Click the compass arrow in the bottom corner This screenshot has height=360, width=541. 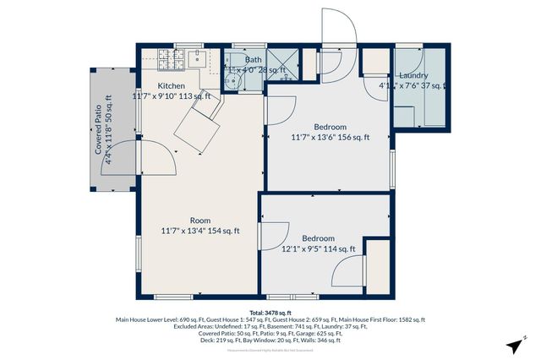pyautogui.click(x=513, y=346)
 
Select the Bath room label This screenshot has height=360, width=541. pyautogui.click(x=254, y=60)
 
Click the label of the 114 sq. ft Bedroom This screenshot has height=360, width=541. pyautogui.click(x=318, y=238)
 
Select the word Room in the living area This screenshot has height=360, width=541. pyautogui.click(x=200, y=220)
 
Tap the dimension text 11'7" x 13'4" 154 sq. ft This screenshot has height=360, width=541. pyautogui.click(x=200, y=231)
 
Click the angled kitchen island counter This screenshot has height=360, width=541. pyautogui.click(x=199, y=127)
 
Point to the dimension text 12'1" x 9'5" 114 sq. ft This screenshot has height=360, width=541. pyautogui.click(x=318, y=249)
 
